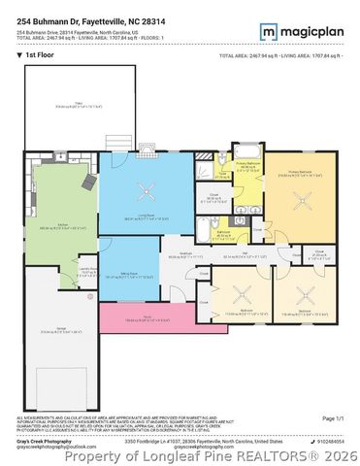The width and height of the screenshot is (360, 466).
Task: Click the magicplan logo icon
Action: pos(269,31)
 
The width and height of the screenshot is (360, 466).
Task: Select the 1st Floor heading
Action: pos(40,56)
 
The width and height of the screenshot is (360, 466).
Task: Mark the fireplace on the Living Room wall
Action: pos(147,152)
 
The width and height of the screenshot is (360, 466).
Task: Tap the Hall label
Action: pos(246,254)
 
